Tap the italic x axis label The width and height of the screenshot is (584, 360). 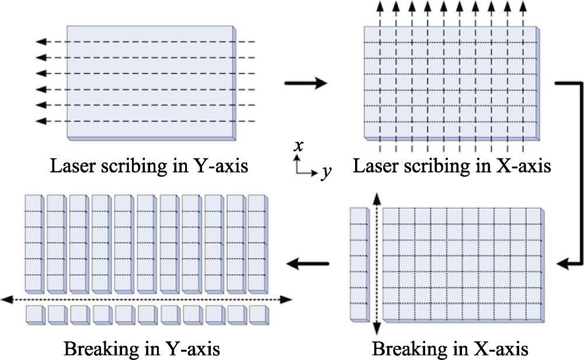(x=298, y=146)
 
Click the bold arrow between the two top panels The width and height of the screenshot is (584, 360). (x=306, y=83)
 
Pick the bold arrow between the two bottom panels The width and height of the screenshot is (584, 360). (x=308, y=264)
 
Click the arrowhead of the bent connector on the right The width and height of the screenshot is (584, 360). (x=562, y=264)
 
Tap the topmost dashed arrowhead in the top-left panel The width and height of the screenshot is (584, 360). (x=41, y=41)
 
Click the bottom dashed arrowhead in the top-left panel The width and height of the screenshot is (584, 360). (x=41, y=121)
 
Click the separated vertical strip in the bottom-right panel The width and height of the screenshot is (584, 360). (x=360, y=264)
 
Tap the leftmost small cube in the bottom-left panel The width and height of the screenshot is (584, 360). (x=36, y=315)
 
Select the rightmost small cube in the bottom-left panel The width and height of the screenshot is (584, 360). (x=259, y=315)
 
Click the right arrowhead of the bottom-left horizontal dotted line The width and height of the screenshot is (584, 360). (x=286, y=299)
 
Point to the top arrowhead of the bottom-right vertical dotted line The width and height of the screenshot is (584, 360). (x=377, y=199)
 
